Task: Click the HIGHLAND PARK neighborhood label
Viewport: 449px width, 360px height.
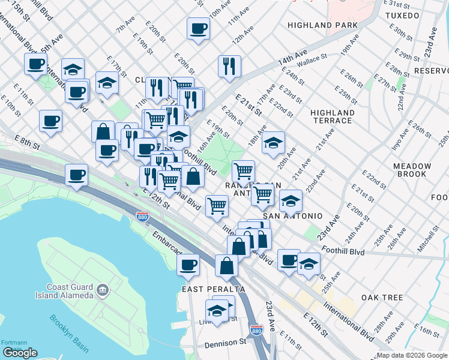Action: coord(322,25)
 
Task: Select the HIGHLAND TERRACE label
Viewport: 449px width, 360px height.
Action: coord(332,116)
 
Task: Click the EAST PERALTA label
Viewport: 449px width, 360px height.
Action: coord(214,289)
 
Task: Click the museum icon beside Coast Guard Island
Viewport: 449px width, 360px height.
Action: coord(103,291)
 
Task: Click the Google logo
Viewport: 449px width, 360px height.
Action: coord(20,353)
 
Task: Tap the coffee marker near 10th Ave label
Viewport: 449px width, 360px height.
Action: coord(198,29)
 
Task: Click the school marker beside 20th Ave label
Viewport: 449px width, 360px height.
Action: coord(273,143)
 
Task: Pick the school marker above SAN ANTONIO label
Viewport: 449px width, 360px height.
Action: coord(291,201)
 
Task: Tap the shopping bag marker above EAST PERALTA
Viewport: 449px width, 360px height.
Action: coord(226,266)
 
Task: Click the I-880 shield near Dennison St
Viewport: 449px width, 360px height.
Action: coord(255,331)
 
